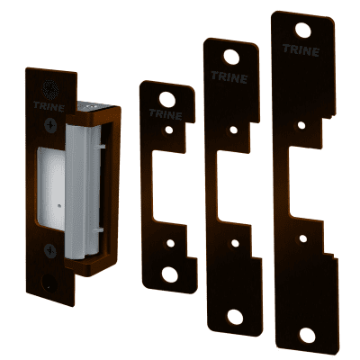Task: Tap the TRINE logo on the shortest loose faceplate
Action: tap(166, 114)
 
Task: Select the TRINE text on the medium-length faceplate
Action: tap(229, 77)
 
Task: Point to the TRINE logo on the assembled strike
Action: tap(49, 106)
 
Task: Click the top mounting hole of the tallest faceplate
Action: tap(303, 31)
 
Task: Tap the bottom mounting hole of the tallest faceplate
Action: tap(308, 336)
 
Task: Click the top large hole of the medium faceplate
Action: tap(231, 57)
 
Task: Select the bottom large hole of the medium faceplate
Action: tap(235, 317)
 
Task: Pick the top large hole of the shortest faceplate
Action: tap(167, 100)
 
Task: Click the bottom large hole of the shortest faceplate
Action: tap(170, 274)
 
